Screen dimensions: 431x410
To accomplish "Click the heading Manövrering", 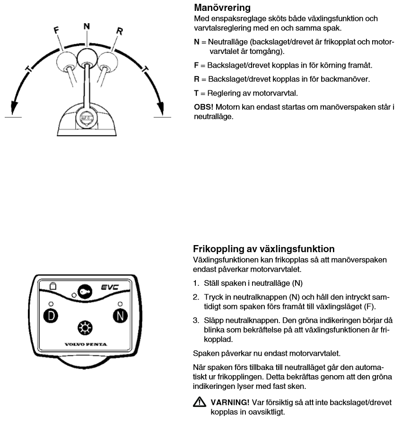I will pyautogui.click(x=222, y=8).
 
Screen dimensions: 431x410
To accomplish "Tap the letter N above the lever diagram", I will pyautogui.click(x=86, y=26).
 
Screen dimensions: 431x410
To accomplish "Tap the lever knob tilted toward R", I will pyautogui.click(x=107, y=61).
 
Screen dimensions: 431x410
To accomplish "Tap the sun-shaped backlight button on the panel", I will pyautogui.click(x=85, y=327).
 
